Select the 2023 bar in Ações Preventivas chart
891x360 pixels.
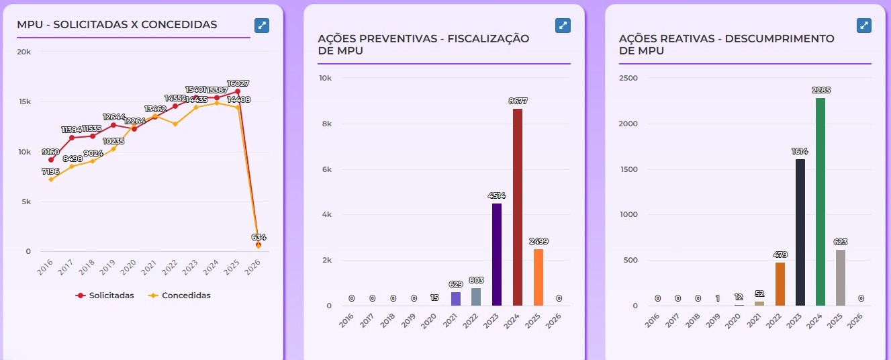tap(497, 255)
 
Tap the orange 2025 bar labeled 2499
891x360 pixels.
tap(538, 277)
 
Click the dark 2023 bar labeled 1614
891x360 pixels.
tap(800, 232)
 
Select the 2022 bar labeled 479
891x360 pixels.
tap(780, 283)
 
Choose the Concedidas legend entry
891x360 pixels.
tap(179, 296)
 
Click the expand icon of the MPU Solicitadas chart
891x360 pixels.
tap(262, 25)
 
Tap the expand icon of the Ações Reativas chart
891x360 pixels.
tap(865, 25)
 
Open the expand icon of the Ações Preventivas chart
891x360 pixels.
tap(563, 25)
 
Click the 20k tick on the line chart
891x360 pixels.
tap(24, 52)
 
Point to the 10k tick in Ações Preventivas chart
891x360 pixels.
tap(325, 78)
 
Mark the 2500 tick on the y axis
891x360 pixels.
tap(628, 78)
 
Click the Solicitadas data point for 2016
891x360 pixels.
tap(51, 160)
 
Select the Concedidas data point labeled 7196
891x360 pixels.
tap(51, 179)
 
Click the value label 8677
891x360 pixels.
tap(518, 101)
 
